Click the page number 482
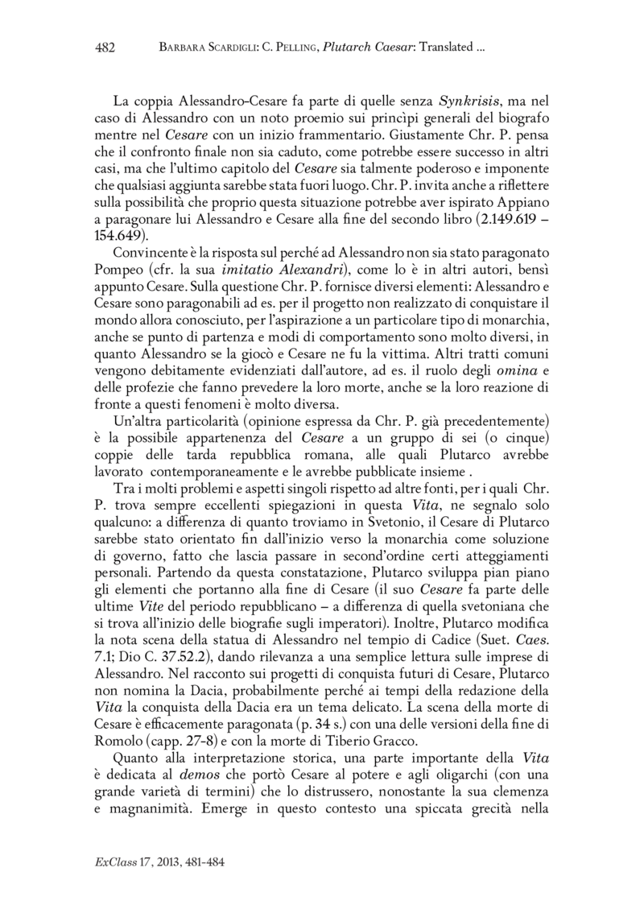click(x=105, y=48)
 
